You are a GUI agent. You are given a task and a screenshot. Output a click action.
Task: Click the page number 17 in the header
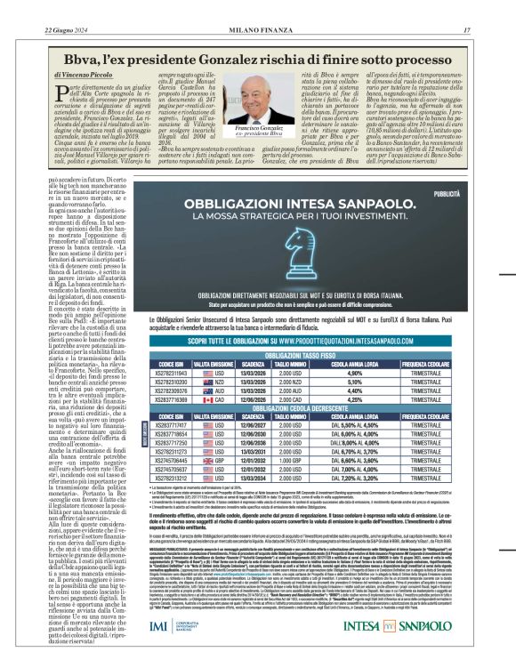pyautogui.click(x=491, y=29)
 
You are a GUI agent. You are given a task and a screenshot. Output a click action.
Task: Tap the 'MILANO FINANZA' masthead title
pyautogui.click(x=257, y=29)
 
